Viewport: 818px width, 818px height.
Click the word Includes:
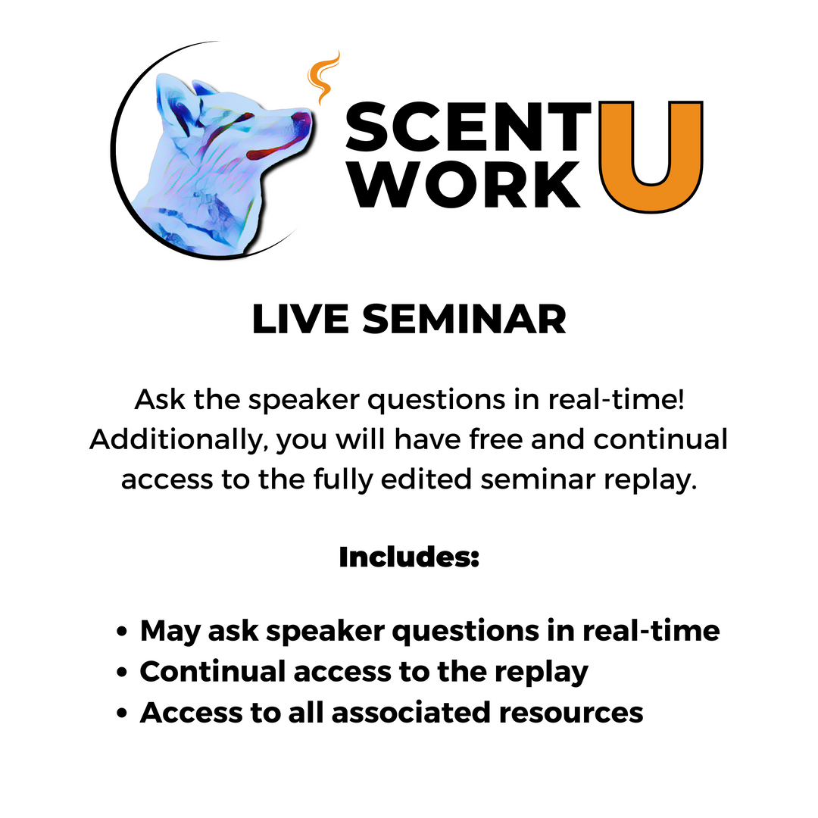409,557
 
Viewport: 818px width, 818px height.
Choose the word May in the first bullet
168,632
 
